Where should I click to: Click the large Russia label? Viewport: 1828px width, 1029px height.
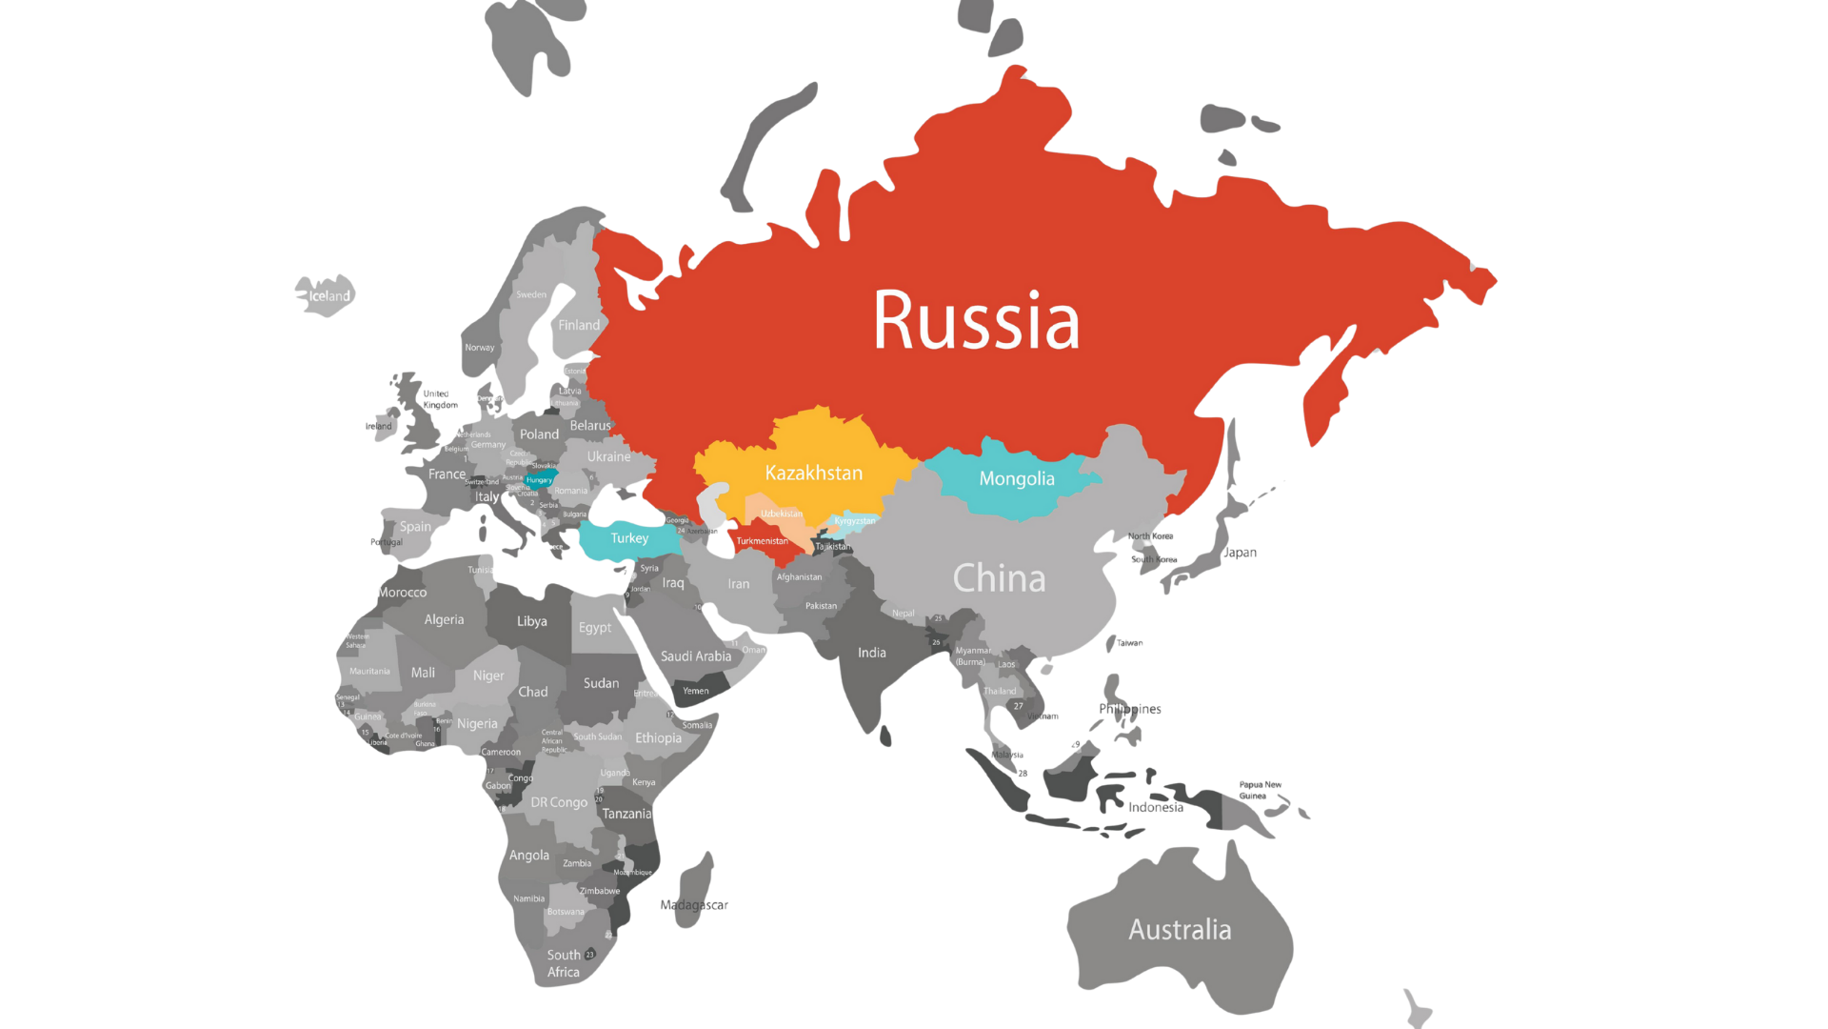click(976, 320)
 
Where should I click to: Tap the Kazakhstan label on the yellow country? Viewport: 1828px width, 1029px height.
click(813, 473)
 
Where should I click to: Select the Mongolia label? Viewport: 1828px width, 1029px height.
click(1016, 478)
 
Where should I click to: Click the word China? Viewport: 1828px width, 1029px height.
click(999, 578)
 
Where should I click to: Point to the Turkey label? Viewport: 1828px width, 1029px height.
click(629, 538)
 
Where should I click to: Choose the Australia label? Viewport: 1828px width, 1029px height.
click(1180, 929)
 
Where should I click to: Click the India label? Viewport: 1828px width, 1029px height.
click(871, 653)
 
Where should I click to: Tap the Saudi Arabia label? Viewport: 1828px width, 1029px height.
click(695, 656)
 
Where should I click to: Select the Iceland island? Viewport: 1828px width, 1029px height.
click(327, 294)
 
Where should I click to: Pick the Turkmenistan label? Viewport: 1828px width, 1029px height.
click(762, 541)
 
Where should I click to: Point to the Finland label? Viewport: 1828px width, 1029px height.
click(579, 325)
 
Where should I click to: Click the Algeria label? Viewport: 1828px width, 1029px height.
click(444, 619)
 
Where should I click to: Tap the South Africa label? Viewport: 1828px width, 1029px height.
click(564, 963)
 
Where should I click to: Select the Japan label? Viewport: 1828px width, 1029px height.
click(1240, 553)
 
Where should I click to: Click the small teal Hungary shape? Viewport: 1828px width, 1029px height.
click(541, 478)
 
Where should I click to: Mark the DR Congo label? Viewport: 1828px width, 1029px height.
click(559, 802)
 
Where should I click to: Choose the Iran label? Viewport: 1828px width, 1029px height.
click(738, 584)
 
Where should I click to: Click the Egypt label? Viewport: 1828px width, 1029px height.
click(595, 627)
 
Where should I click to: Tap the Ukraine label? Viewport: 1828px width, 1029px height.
click(608, 456)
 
